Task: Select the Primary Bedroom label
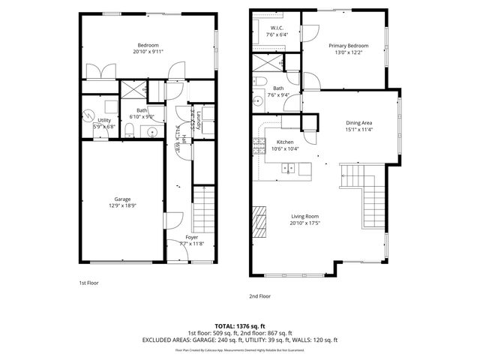pyautogui.click(x=349, y=48)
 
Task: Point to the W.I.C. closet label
pyautogui.click(x=277, y=31)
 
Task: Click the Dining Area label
pyautogui.click(x=358, y=127)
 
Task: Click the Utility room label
pyautogui.click(x=104, y=123)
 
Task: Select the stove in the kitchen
pyautogui.click(x=259, y=144)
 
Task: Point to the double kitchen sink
pyautogui.click(x=289, y=169)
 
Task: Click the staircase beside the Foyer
pyautogui.click(x=204, y=209)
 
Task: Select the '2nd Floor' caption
pyautogui.click(x=259, y=296)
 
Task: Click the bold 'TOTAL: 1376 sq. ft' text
pyautogui.click(x=239, y=325)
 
